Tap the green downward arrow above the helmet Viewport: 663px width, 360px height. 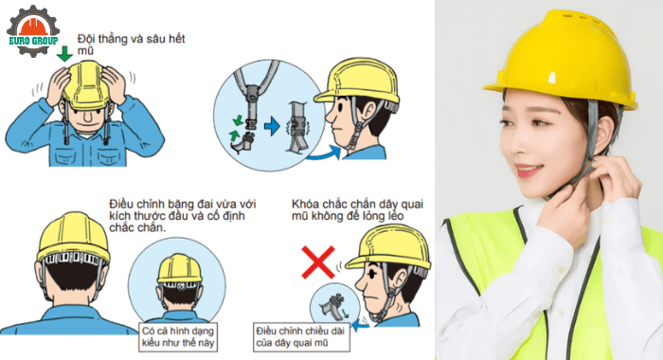(63, 55)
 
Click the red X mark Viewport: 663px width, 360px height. (317, 259)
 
